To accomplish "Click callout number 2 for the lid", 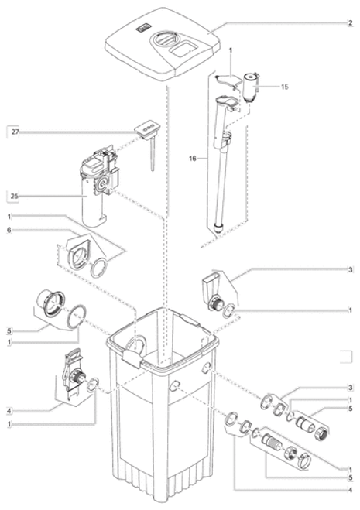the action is [350, 23].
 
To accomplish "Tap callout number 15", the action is [285, 87].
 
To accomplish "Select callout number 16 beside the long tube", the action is [193, 159].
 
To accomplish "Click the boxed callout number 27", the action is [15, 132].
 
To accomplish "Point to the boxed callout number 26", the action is [15, 196].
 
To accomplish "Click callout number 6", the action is [9, 231].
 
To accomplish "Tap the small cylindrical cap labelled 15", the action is [251, 87].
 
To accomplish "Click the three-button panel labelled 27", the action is [147, 128].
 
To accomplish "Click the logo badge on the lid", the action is [143, 29].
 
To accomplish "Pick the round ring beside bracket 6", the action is [99, 269].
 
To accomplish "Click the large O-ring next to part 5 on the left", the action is [77, 317].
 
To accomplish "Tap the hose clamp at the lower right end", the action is [304, 460].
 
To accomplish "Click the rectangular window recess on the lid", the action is [183, 50].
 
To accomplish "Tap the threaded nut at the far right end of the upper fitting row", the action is [323, 432].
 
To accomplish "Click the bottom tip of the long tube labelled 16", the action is [218, 231].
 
